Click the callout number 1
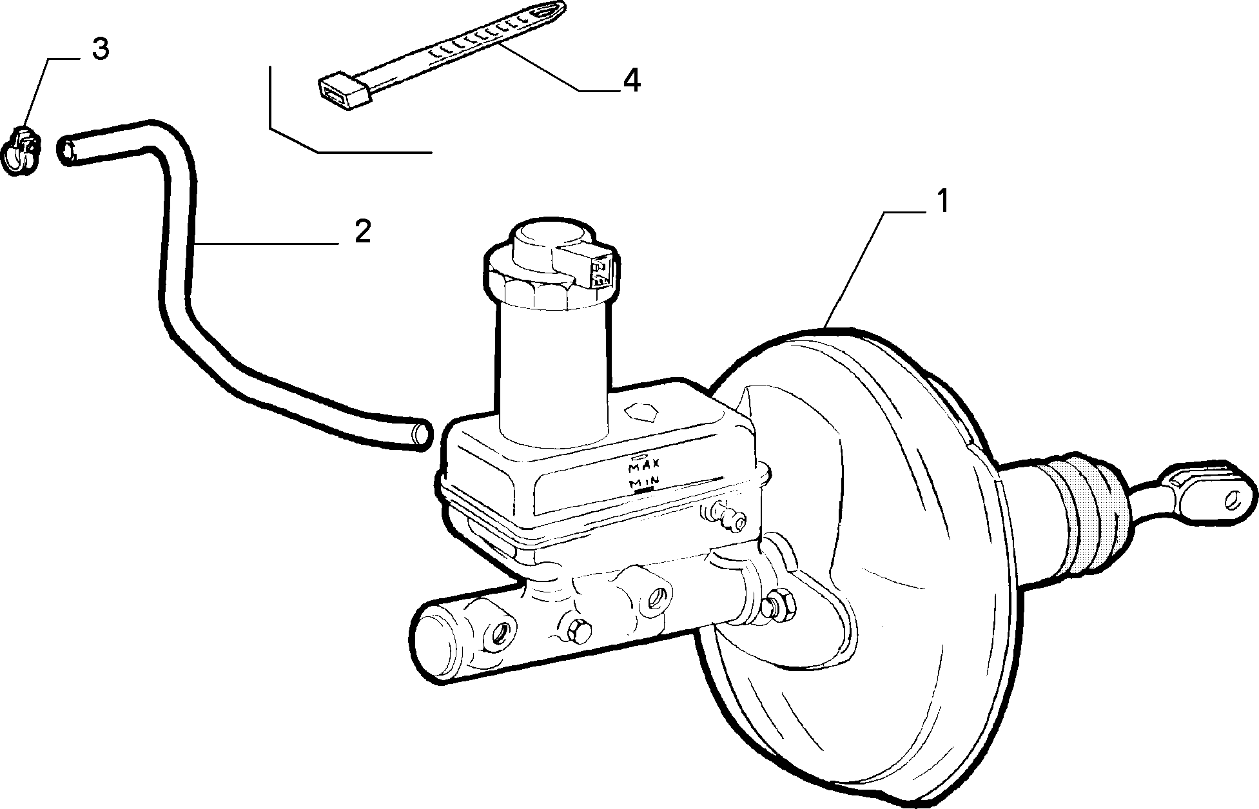942,202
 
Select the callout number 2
363,231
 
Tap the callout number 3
100,50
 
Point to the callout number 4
631,81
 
